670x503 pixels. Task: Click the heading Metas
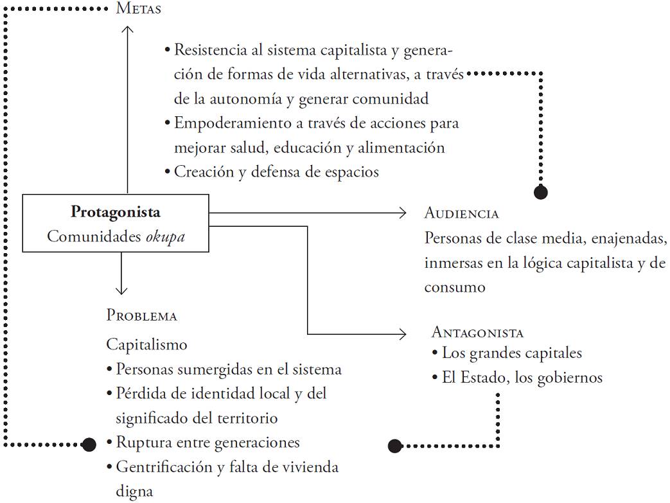(x=138, y=9)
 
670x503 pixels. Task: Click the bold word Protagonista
(x=116, y=212)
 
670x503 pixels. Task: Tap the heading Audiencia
(x=461, y=213)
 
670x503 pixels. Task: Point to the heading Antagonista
(x=477, y=332)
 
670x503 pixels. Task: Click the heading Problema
(x=141, y=315)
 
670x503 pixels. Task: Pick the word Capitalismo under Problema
(x=146, y=344)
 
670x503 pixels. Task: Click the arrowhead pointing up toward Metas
(x=127, y=29)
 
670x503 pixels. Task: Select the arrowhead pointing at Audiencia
(x=403, y=213)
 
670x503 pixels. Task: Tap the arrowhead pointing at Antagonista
(x=403, y=334)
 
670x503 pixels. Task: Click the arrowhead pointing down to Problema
(x=119, y=289)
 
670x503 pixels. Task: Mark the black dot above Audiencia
(x=541, y=191)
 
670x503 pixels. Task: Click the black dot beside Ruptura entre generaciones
(x=89, y=443)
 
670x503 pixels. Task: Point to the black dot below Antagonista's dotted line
(x=394, y=445)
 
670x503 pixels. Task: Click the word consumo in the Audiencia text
(x=455, y=287)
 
